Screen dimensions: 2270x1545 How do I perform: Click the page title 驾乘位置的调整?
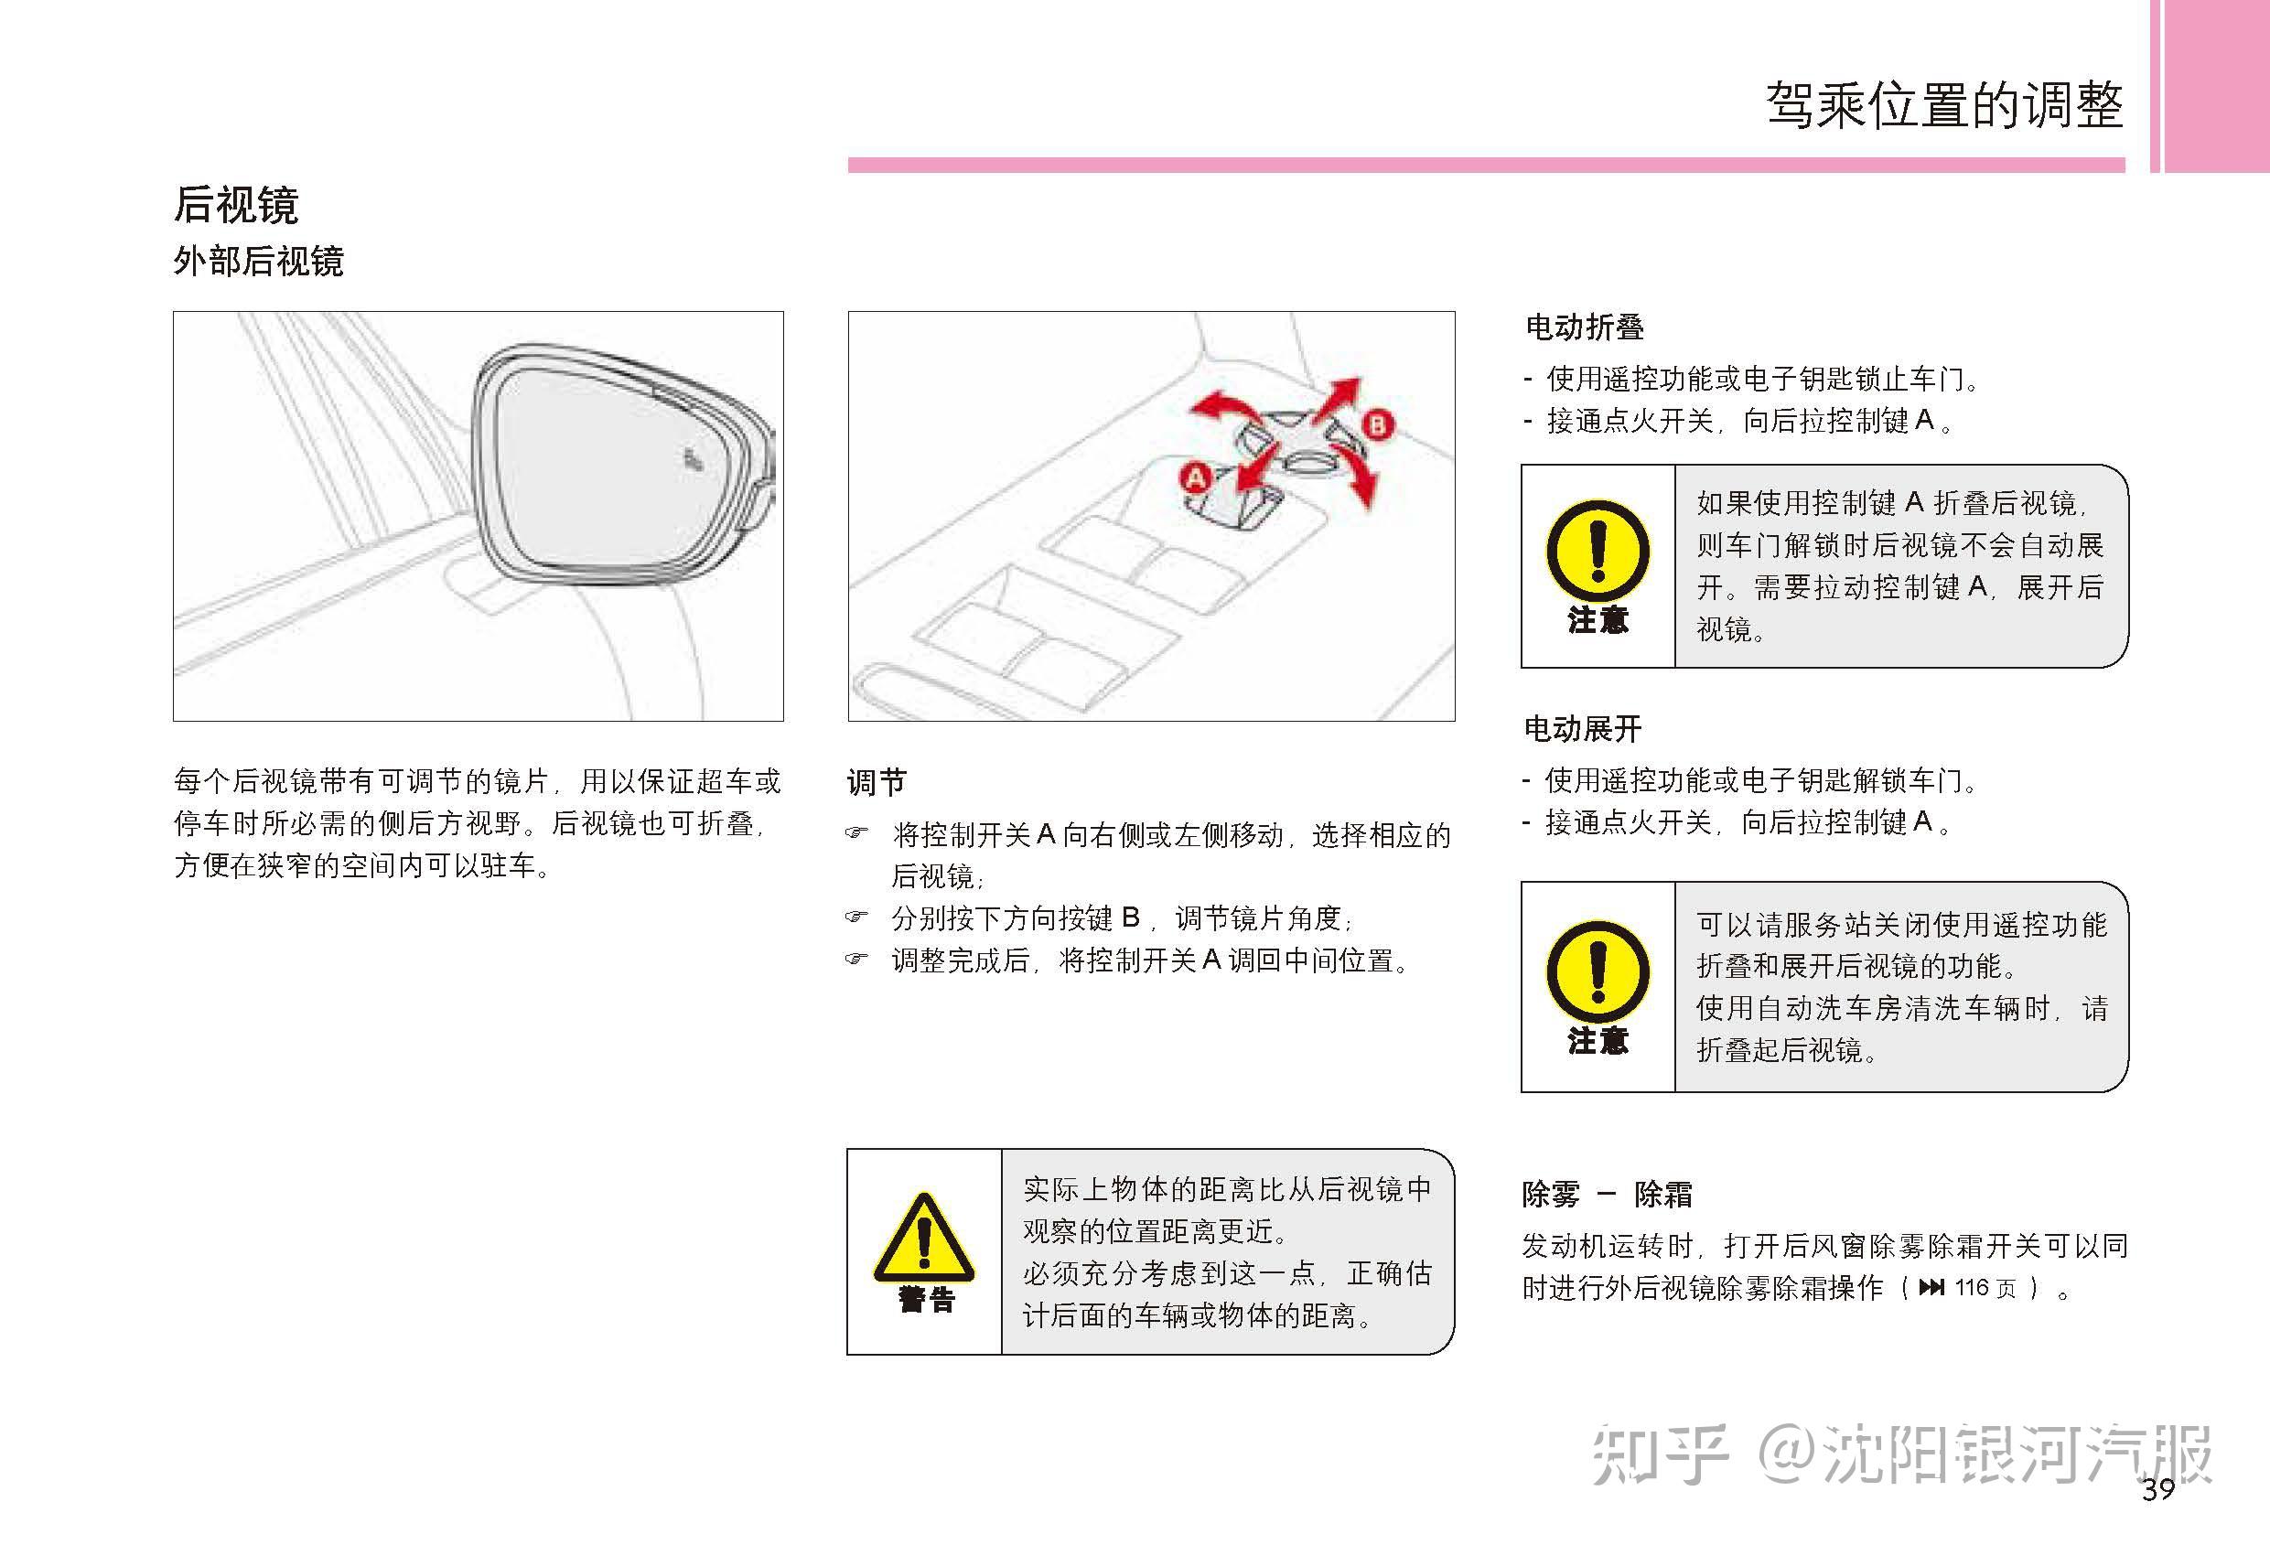(1943, 105)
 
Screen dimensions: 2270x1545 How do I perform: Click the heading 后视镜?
(235, 204)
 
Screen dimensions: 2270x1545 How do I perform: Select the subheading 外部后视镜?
(258, 262)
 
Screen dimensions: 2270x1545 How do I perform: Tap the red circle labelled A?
(1195, 477)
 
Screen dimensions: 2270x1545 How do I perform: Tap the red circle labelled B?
(1377, 424)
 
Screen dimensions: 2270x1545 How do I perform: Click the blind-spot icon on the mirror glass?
(693, 460)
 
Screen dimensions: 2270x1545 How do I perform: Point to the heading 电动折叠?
(1585, 327)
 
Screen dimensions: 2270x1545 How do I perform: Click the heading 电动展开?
(1582, 728)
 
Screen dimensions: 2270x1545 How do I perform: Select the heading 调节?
(877, 782)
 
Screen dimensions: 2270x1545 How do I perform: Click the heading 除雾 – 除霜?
(1607, 1194)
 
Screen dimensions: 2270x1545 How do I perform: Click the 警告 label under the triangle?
(925, 1300)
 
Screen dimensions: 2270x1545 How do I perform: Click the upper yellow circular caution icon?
(1597, 550)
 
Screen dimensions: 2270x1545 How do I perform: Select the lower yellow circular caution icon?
(1597, 971)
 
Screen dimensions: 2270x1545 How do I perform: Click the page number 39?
(2157, 1490)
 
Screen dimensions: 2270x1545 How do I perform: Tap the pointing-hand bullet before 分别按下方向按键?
(855, 917)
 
